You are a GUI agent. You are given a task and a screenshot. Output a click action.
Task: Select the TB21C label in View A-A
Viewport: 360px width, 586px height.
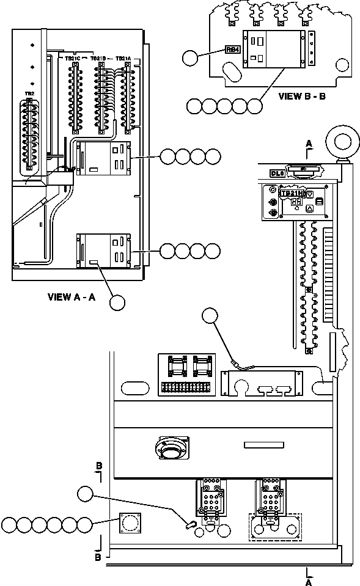(73, 58)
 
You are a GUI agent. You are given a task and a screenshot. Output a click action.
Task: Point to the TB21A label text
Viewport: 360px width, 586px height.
(123, 58)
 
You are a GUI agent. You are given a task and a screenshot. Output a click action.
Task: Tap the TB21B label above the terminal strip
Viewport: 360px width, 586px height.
(98, 58)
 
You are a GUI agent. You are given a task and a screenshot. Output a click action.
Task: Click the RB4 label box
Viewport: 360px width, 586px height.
(233, 50)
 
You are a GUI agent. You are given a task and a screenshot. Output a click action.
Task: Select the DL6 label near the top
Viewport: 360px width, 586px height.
(277, 174)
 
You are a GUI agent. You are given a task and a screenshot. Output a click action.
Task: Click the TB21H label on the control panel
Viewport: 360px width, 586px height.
(291, 193)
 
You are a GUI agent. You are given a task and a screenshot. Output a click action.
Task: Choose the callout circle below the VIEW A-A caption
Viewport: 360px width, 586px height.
(117, 302)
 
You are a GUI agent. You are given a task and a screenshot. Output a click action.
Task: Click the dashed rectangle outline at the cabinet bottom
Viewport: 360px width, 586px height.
(274, 527)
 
